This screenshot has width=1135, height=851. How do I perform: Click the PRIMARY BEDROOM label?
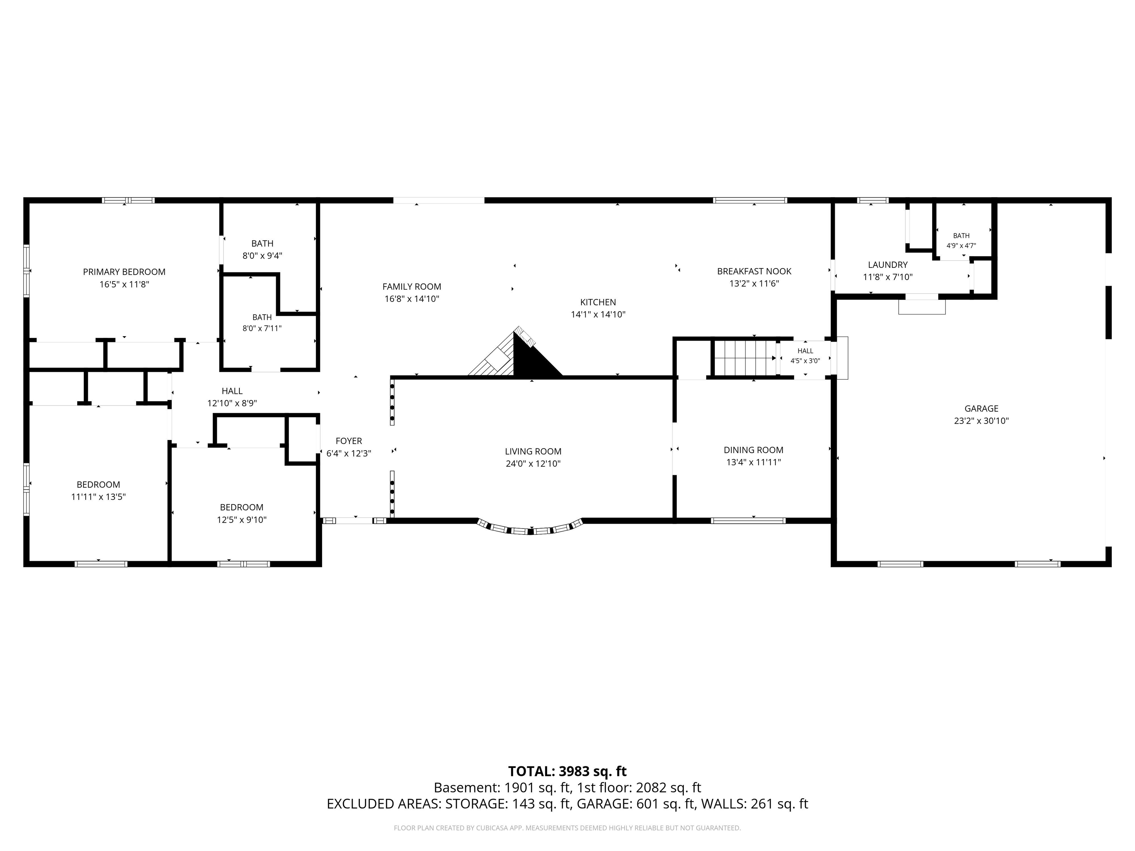click(x=124, y=272)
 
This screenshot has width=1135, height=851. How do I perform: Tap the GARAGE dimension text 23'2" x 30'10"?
click(x=981, y=421)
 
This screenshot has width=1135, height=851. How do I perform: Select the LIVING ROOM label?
click(x=533, y=451)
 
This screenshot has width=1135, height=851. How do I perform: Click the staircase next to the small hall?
click(x=744, y=358)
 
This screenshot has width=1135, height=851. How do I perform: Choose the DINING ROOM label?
click(x=753, y=450)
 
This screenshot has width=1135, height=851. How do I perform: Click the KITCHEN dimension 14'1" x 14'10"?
click(x=598, y=314)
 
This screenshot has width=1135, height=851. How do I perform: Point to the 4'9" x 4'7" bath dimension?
click(x=961, y=246)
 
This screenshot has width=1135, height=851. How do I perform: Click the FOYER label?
click(x=349, y=441)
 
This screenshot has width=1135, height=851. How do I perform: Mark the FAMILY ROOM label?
click(x=412, y=287)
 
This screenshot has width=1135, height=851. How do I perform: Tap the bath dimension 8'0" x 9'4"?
click(x=262, y=256)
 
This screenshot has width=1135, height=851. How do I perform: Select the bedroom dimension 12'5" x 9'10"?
click(x=242, y=520)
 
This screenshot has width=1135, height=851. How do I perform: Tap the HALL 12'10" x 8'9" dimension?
click(x=232, y=403)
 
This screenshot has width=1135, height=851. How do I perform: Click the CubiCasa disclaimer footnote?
click(x=567, y=828)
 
